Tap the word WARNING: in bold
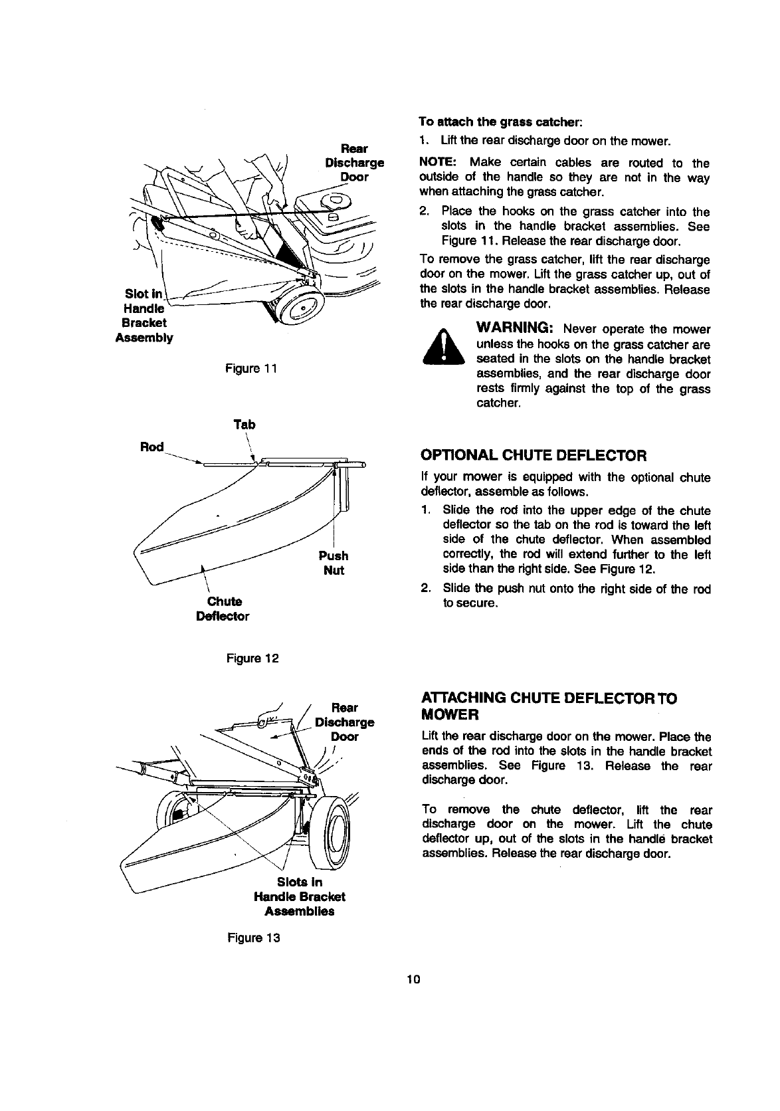pyautogui.click(x=516, y=329)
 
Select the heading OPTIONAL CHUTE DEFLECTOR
pyautogui.click(x=534, y=456)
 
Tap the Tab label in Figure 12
pyautogui.click(x=244, y=425)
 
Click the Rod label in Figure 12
pyautogui.click(x=151, y=447)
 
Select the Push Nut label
pyautogui.click(x=333, y=563)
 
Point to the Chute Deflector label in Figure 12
pyautogui.click(x=223, y=609)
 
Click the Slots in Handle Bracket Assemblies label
pyautogui.click(x=299, y=896)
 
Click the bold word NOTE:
pyautogui.click(x=437, y=163)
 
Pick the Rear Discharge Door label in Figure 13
pyautogui.click(x=345, y=722)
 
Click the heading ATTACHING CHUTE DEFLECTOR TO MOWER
pyautogui.click(x=549, y=706)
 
